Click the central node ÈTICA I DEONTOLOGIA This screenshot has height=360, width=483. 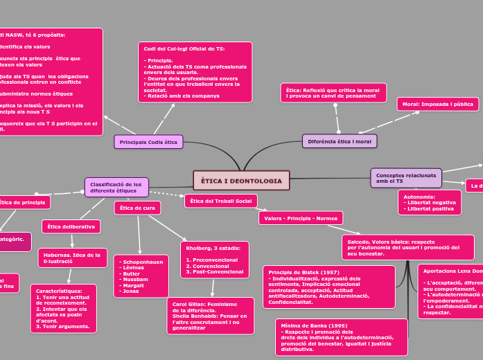(x=241, y=180)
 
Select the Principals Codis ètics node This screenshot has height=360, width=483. (x=148, y=142)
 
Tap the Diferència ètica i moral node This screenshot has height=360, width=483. (x=340, y=141)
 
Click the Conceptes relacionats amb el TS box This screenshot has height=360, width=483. (x=405, y=178)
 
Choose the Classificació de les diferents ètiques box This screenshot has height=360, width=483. (x=116, y=187)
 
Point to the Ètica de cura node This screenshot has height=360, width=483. (x=137, y=208)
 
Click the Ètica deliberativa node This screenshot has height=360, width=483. (x=71, y=226)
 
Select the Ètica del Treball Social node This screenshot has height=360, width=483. (x=220, y=201)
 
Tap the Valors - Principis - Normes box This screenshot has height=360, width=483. (x=301, y=219)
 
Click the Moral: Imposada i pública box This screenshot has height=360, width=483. (x=437, y=105)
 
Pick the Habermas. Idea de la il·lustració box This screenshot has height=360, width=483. (x=72, y=258)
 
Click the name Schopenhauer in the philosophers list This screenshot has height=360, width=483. (x=141, y=262)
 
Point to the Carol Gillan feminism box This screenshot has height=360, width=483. (x=210, y=315)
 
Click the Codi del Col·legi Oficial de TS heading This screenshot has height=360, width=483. (x=184, y=49)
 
